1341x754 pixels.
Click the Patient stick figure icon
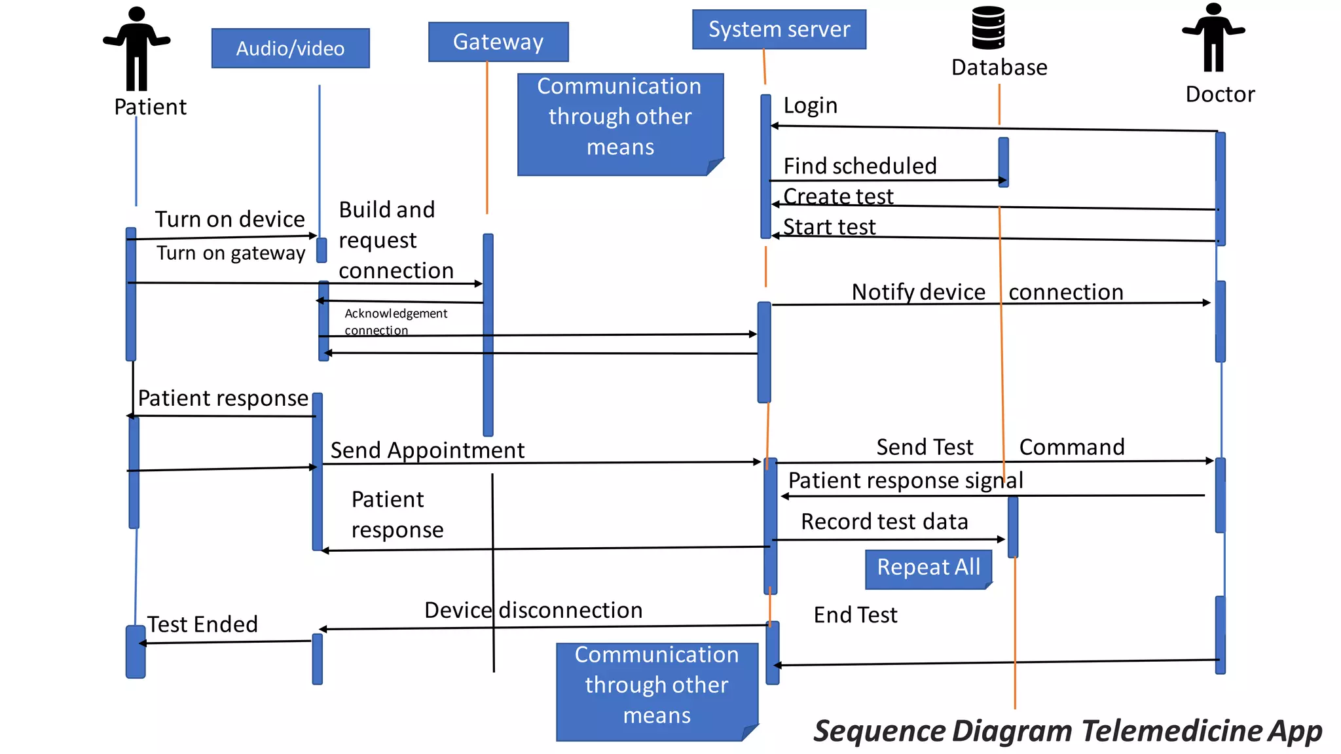click(x=136, y=49)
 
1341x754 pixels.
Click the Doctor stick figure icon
click(x=1213, y=37)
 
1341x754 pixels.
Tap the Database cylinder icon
click(x=988, y=28)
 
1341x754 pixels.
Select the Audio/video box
click(x=290, y=48)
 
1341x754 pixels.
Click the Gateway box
click(x=498, y=42)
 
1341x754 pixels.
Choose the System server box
click(x=779, y=29)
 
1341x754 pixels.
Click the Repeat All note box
click(x=928, y=567)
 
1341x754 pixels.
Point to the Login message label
click(x=811, y=105)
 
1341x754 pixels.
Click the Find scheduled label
click(x=860, y=166)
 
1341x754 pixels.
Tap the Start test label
click(x=829, y=227)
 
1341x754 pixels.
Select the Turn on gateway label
click(x=230, y=253)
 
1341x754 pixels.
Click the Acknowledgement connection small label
click(x=395, y=321)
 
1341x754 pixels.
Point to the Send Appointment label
click(x=427, y=450)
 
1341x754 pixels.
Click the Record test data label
click(x=884, y=522)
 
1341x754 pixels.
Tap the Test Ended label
click(x=202, y=624)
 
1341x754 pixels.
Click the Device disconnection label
click(x=533, y=610)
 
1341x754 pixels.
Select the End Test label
click(x=855, y=615)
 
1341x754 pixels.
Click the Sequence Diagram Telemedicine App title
click(x=1067, y=731)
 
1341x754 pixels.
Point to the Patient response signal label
click(x=905, y=480)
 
